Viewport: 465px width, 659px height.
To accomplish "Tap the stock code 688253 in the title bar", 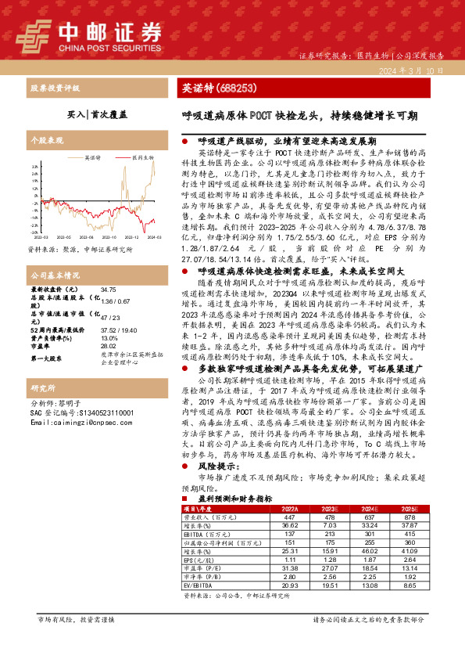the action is click(233, 88).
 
